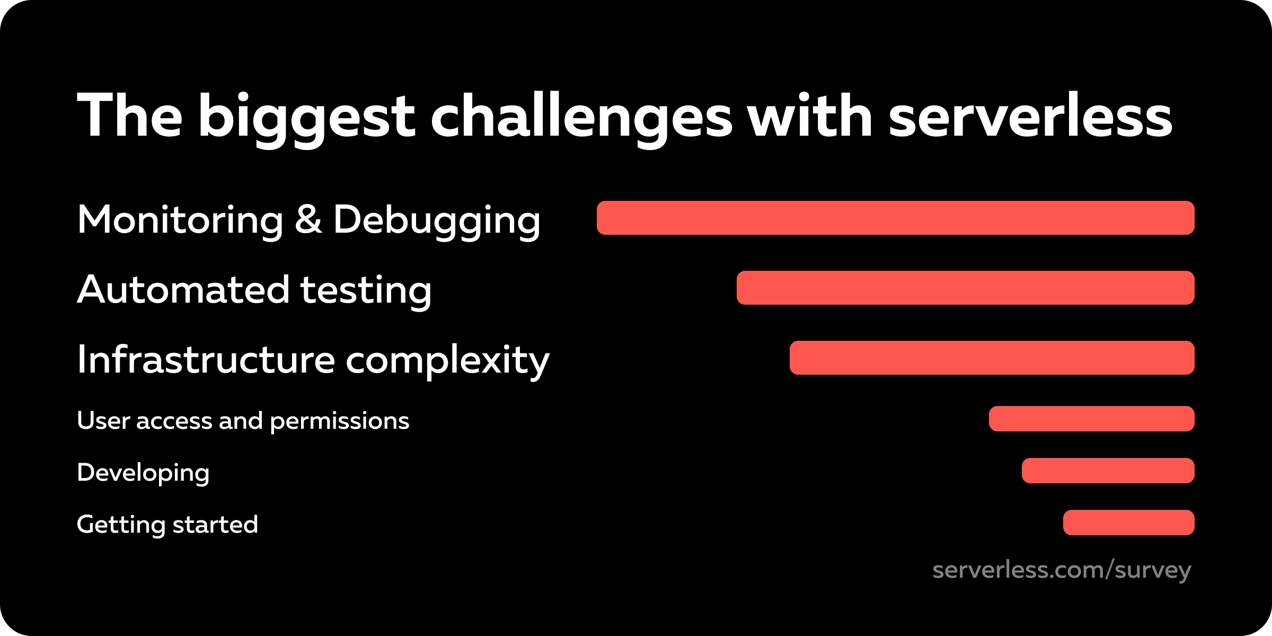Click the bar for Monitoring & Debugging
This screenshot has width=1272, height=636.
895,218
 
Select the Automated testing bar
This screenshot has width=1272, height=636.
965,288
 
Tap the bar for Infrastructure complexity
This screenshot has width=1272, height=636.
992,358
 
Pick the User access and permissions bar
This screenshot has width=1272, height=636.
1091,419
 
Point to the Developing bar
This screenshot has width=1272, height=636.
1108,471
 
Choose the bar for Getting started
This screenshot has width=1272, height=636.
1128,523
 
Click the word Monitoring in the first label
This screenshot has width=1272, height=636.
180,219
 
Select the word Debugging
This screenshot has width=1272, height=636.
437,220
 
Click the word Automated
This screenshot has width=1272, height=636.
183,290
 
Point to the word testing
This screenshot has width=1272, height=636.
366,291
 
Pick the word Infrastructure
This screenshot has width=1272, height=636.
206,359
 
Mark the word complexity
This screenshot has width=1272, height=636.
447,360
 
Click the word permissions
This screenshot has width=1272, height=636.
339,421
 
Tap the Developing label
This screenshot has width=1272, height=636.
143,472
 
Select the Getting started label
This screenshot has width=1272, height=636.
167,524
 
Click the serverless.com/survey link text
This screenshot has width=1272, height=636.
1062,570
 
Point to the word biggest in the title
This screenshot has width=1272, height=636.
306,117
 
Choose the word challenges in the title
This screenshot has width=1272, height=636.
581,117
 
